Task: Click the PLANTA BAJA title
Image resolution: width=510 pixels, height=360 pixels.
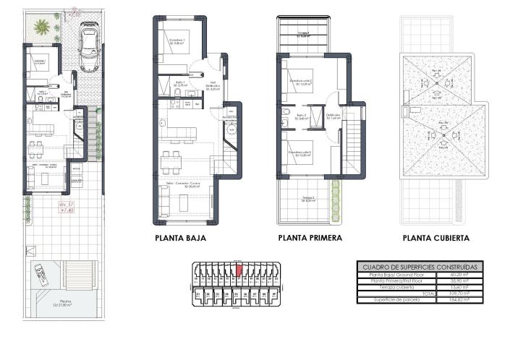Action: [x=181, y=237]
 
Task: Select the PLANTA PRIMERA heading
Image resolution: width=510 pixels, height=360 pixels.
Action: [x=310, y=237]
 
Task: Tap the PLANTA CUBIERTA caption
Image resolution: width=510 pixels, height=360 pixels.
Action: [x=436, y=237]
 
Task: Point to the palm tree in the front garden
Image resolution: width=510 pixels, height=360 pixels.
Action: [x=42, y=28]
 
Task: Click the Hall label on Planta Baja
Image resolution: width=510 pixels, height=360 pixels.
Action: [x=213, y=84]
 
